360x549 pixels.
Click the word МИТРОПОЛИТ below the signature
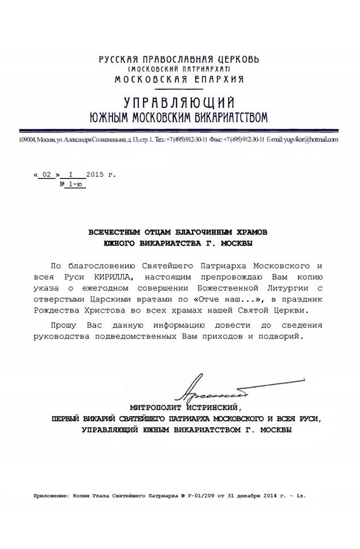click(x=156, y=408)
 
